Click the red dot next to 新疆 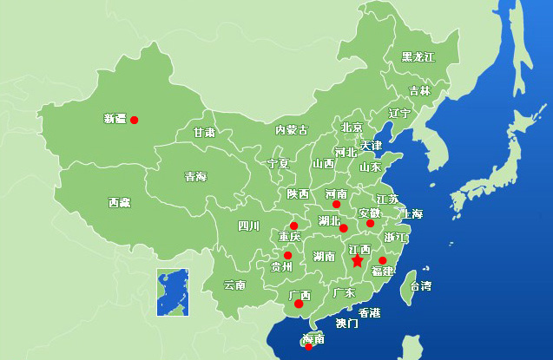[x=134, y=120]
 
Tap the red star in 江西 [x=357, y=260]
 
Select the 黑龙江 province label [x=418, y=57]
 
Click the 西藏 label [x=119, y=202]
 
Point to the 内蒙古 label [x=291, y=130]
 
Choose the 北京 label [x=352, y=127]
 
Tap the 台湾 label [x=420, y=285]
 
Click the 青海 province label [x=195, y=177]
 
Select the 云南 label [x=234, y=285]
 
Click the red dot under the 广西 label [x=299, y=304]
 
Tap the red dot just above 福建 [x=382, y=260]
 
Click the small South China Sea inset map [x=173, y=292]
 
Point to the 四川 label [x=248, y=226]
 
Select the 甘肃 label [x=204, y=133]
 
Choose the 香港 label [x=369, y=312]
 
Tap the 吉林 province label [x=419, y=90]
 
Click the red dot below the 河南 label [x=336, y=205]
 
